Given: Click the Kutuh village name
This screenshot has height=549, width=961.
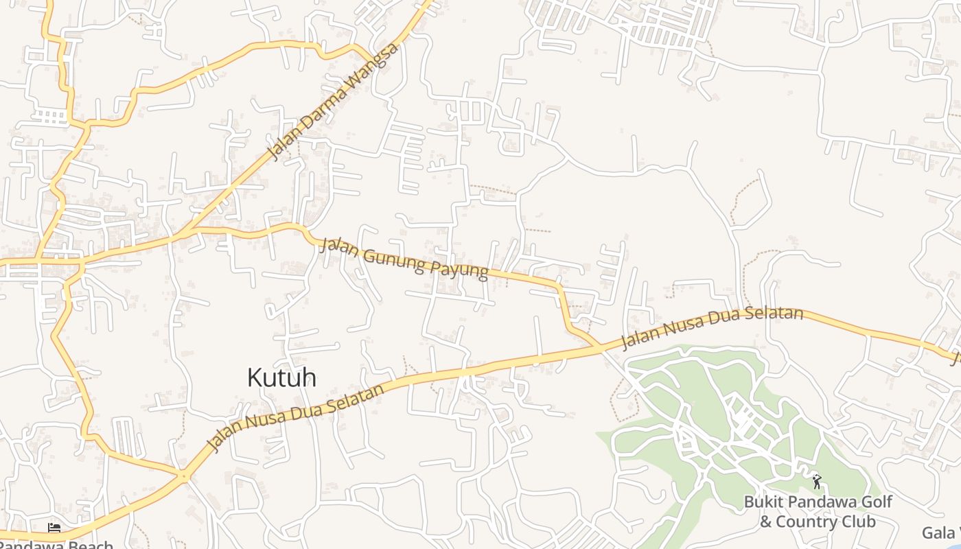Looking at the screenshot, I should click(x=281, y=377).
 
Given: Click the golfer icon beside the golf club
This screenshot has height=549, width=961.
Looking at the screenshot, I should click(x=816, y=482).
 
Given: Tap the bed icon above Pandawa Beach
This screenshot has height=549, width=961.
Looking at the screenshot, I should click(x=54, y=528).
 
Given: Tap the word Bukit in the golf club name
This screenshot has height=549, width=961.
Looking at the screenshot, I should click(x=763, y=502).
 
